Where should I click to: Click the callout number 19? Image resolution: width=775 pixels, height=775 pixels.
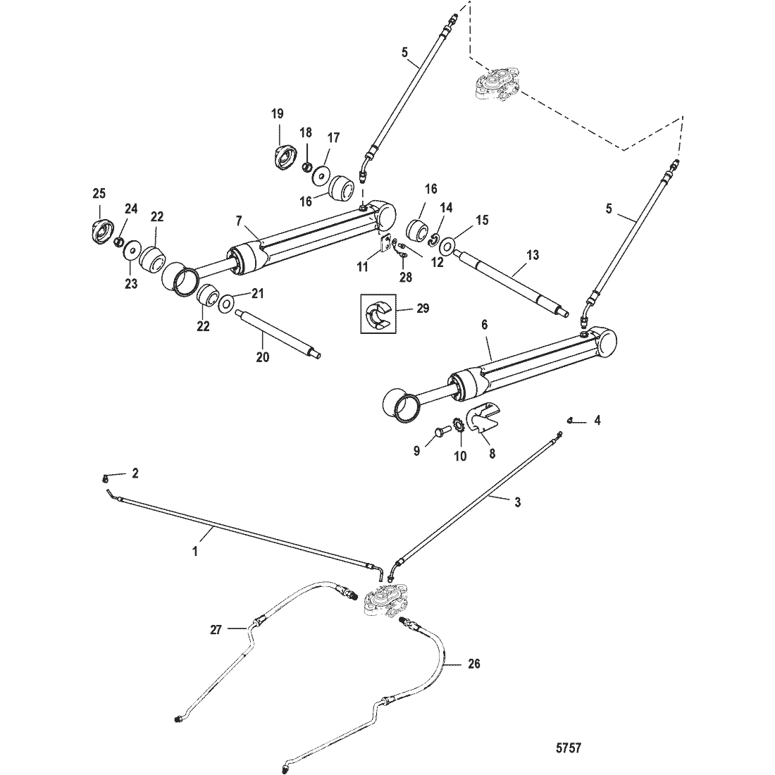click(278, 113)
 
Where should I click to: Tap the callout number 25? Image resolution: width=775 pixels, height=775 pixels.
click(98, 192)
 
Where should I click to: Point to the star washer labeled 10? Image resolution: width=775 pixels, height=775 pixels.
click(457, 428)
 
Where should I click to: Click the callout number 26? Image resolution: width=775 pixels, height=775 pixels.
click(474, 664)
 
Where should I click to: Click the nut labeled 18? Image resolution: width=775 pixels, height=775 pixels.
click(307, 167)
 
